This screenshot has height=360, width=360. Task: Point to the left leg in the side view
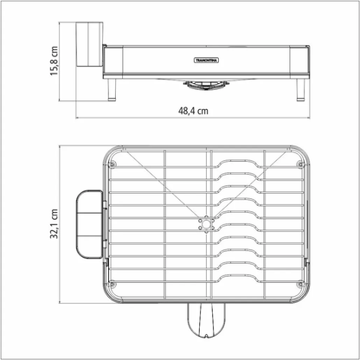click(x=111, y=90)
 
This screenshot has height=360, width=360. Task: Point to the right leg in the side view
click(x=302, y=90)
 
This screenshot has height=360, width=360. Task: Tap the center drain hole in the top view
click(x=205, y=225)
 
